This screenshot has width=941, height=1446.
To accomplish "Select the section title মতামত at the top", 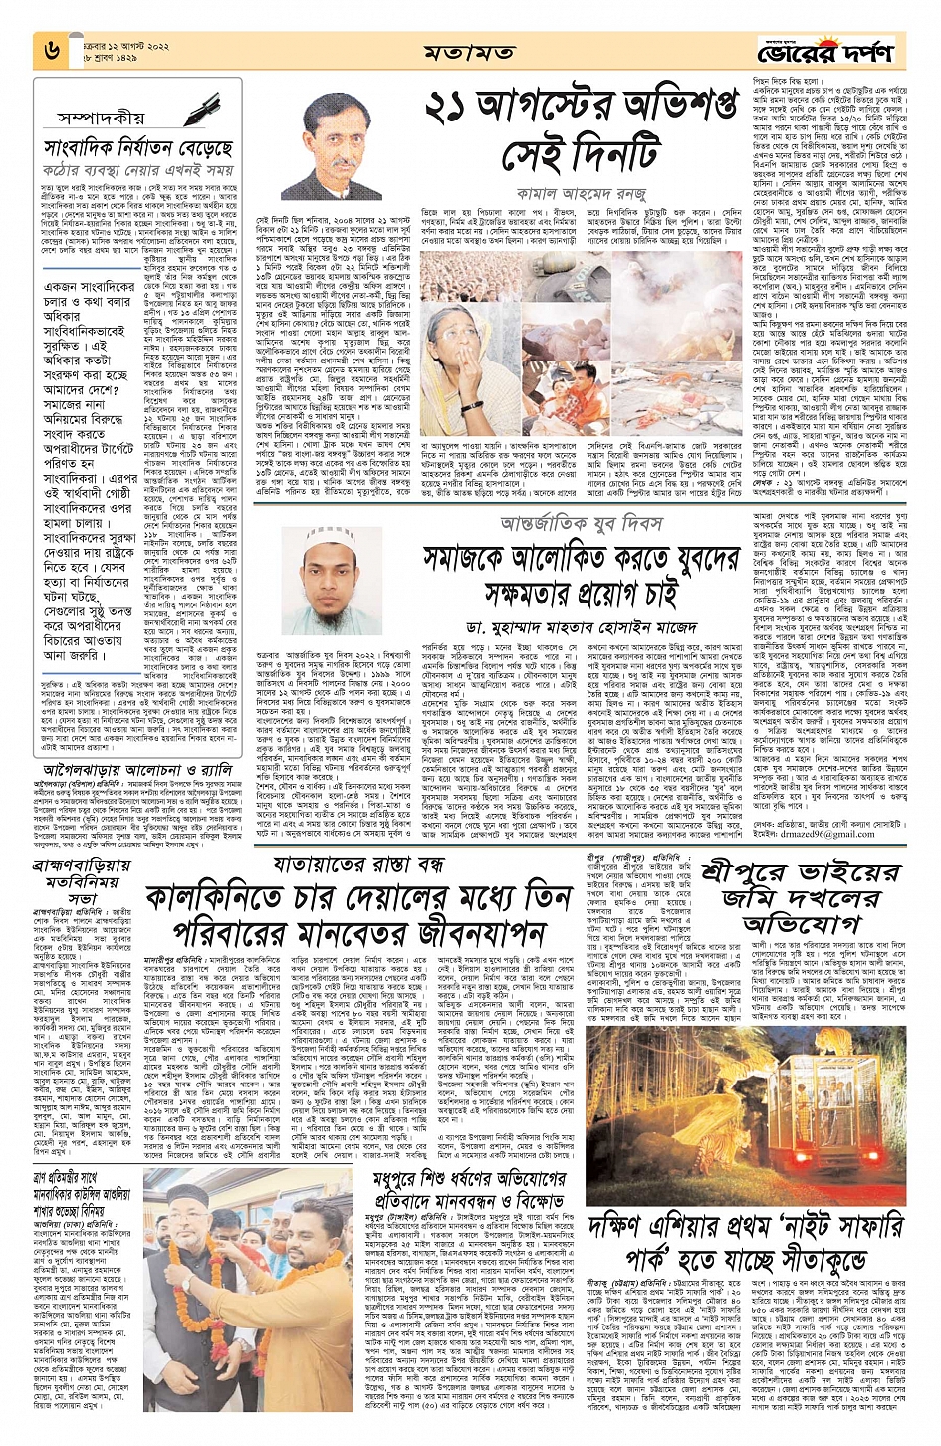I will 469,52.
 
